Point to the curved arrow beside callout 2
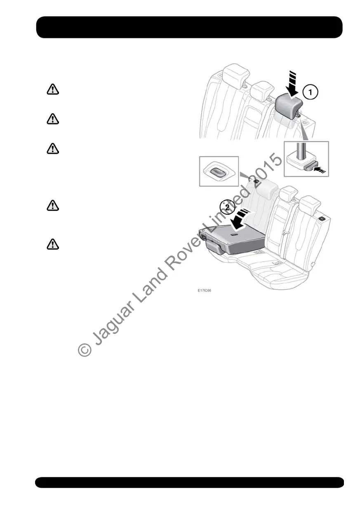tap(240, 218)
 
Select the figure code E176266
tap(205, 290)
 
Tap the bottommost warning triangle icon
tap(52, 245)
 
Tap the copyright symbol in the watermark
tap(85, 350)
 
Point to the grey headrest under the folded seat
tap(213, 247)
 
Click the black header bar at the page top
tap(189, 27)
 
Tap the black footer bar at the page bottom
tap(189, 482)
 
